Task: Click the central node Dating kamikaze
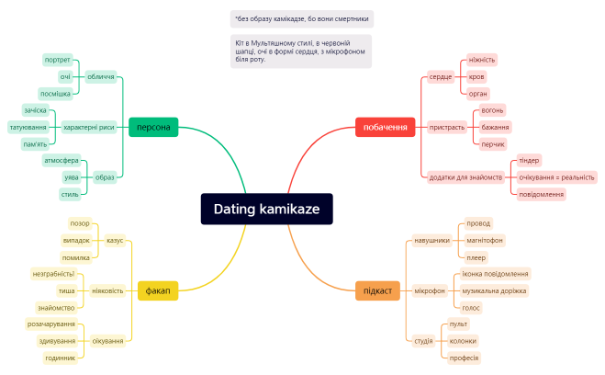(x=266, y=210)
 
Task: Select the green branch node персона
(x=155, y=127)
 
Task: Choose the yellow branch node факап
(x=157, y=290)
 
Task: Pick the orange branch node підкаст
(x=377, y=290)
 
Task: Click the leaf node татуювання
(x=28, y=127)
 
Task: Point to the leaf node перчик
(x=492, y=143)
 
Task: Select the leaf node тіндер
(x=529, y=160)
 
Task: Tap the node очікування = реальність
(x=556, y=176)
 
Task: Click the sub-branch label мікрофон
(x=429, y=290)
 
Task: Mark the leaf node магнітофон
(x=485, y=240)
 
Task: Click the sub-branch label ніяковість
(x=107, y=290)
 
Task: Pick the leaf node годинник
(x=61, y=358)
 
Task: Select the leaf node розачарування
(x=50, y=324)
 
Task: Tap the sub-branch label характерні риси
(x=89, y=127)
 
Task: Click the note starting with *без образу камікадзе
(x=302, y=18)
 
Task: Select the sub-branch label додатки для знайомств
(x=465, y=176)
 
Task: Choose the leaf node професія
(x=464, y=358)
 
